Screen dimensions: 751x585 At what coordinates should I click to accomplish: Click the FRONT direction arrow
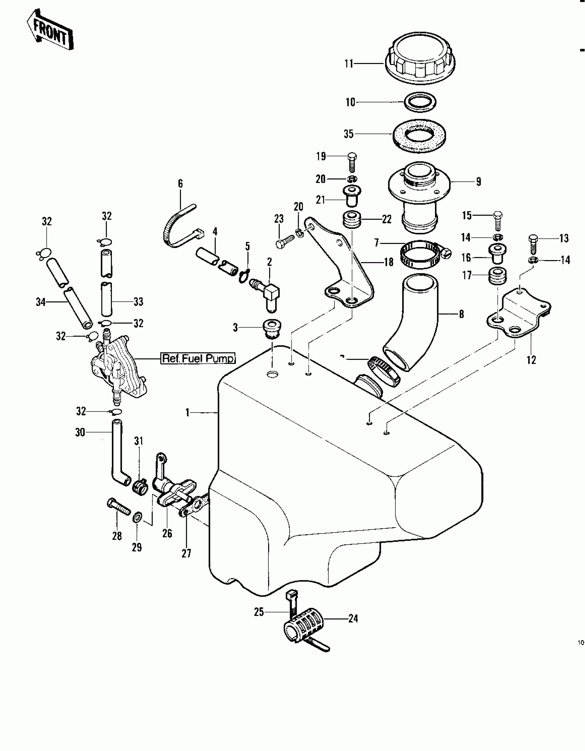pyautogui.click(x=50, y=33)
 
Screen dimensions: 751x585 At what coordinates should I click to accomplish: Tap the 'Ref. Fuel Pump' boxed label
pyautogui.click(x=198, y=358)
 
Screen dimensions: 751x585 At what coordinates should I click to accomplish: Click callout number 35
pyautogui.click(x=349, y=134)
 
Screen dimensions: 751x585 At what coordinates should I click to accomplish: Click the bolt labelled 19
pyautogui.click(x=352, y=162)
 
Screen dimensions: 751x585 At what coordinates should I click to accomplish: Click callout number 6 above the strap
pyautogui.click(x=180, y=184)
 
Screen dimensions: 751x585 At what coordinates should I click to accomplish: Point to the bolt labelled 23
pyautogui.click(x=285, y=240)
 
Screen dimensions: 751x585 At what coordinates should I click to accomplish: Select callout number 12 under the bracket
pyautogui.click(x=531, y=360)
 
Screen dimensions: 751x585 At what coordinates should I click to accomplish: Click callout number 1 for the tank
pyautogui.click(x=188, y=412)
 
